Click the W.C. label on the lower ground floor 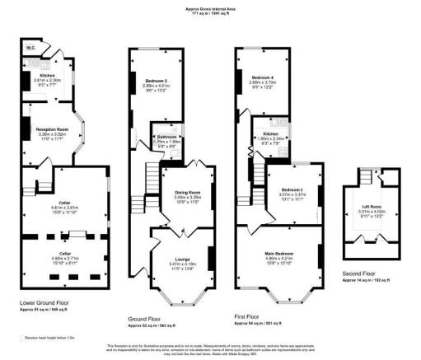tap(30, 49)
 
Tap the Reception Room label tap(50, 129)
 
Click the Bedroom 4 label tap(264, 78)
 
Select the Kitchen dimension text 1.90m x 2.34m tap(272, 138)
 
